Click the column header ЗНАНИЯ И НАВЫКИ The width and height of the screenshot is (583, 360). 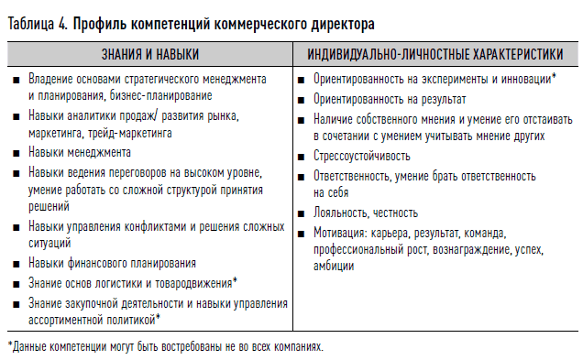point(150,55)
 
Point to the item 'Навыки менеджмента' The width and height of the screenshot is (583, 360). point(80,152)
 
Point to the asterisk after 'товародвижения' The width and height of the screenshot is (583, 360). point(235,281)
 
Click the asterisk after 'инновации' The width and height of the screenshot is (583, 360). point(555,78)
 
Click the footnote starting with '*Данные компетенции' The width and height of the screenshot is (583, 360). point(166,347)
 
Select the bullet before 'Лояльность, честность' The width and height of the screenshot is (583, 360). point(302,213)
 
